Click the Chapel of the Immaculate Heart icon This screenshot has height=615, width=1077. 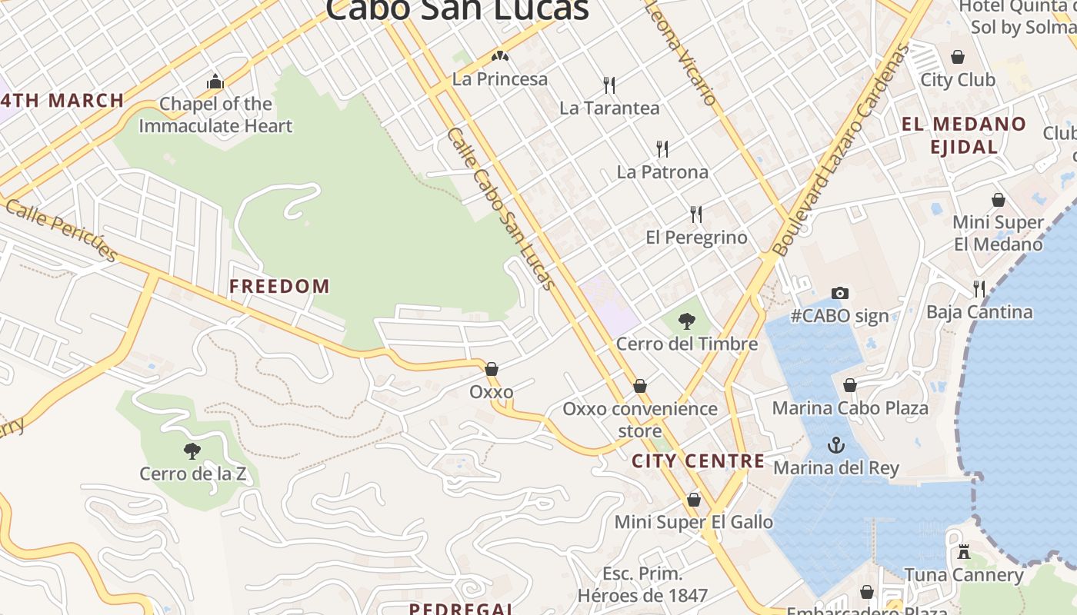[215, 81]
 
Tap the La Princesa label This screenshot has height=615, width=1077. [500, 78]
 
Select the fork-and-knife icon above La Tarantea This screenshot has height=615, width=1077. [609, 85]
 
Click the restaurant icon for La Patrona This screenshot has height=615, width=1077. [662, 148]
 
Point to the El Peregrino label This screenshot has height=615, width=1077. [696, 238]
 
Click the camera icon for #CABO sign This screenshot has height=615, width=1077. [840, 293]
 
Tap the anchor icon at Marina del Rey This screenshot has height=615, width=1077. [835, 445]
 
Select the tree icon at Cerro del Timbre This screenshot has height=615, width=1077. [687, 321]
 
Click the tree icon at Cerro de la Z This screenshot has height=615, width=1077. [192, 450]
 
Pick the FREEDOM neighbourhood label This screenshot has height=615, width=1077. [279, 287]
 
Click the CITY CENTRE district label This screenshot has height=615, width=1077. [698, 461]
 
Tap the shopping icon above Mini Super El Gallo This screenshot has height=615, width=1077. [694, 500]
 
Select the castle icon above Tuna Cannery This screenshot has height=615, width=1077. [963, 551]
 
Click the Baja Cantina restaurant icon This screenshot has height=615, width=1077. [979, 289]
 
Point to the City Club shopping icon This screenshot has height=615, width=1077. [958, 57]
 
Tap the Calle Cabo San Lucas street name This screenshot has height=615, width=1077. [501, 208]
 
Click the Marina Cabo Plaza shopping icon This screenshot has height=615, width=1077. [850, 385]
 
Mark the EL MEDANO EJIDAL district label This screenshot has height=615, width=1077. [964, 135]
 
